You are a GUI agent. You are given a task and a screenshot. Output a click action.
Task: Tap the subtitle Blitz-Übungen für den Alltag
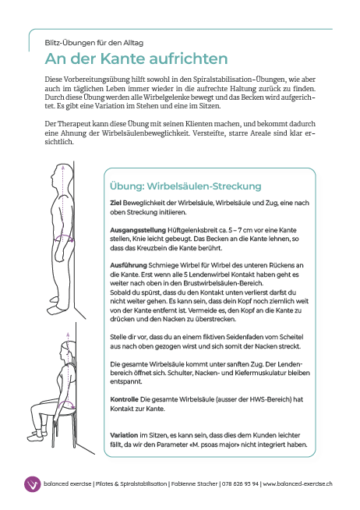point(94,43)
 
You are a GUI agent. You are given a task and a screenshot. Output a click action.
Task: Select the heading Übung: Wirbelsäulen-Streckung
point(185,186)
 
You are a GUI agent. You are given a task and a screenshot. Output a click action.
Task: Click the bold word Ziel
point(115,203)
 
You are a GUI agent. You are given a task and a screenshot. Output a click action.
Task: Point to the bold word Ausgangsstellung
point(138,231)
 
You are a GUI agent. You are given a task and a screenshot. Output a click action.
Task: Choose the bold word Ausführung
point(129,265)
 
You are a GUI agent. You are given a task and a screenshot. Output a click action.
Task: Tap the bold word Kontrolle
point(124,399)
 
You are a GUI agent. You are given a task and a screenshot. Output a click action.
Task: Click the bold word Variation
point(124,435)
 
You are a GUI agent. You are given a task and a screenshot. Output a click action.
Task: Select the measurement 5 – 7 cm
point(240,230)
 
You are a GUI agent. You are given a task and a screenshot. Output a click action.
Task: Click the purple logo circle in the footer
point(32,484)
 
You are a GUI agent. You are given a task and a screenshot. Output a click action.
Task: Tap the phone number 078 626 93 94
point(240,484)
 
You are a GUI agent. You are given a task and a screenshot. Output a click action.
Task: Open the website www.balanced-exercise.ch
point(298,484)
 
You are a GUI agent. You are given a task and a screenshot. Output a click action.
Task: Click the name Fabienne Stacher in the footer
point(194,484)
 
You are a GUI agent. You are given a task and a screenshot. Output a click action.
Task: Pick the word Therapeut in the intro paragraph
point(74,124)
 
